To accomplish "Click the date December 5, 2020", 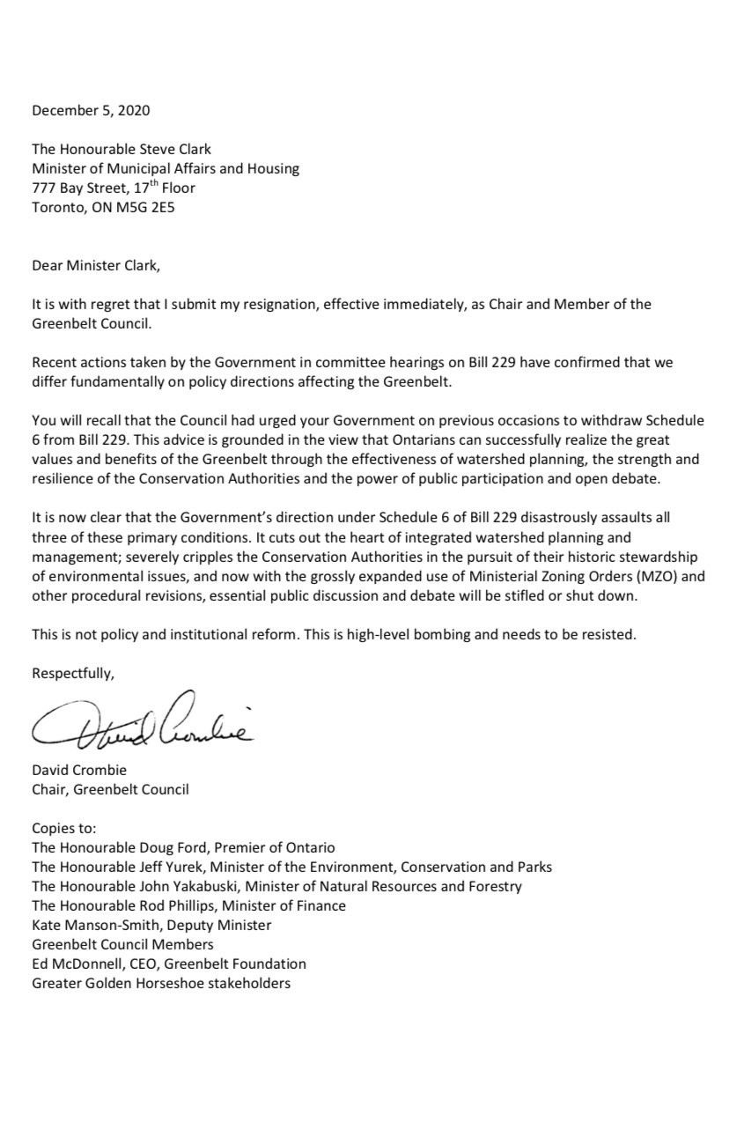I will tap(91, 111).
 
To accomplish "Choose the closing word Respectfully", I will tap(73, 674).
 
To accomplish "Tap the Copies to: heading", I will tap(64, 829).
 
